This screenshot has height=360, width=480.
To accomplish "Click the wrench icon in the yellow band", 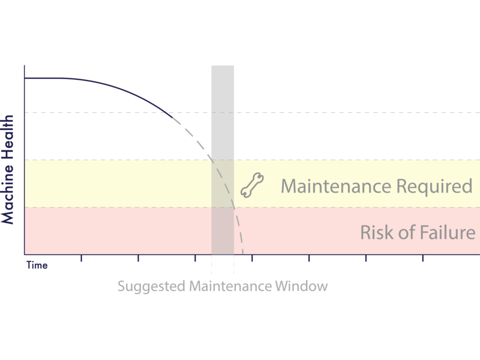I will click(x=252, y=185).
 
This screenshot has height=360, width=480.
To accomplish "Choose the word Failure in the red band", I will click(x=442, y=233).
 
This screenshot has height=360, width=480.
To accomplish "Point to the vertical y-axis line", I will click(x=24, y=158).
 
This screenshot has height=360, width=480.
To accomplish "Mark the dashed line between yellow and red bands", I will click(x=120, y=207).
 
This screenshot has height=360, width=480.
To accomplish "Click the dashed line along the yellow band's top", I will click(x=120, y=160).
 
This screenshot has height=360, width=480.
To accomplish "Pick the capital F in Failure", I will click(x=413, y=233).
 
